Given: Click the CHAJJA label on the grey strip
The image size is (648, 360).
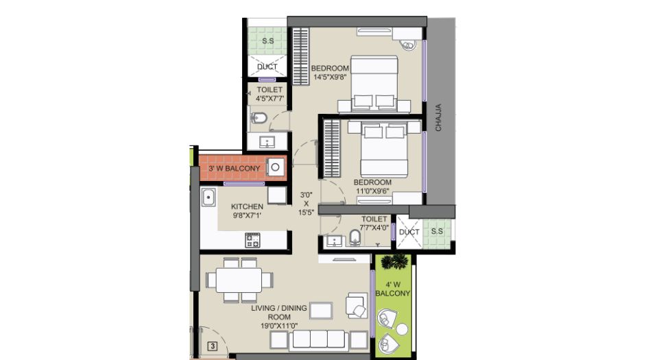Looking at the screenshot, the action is (438, 118).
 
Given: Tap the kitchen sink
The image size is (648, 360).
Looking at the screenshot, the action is (208, 197).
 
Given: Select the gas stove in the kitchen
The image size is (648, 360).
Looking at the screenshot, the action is (252, 240).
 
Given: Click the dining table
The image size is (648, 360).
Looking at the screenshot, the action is (239, 280).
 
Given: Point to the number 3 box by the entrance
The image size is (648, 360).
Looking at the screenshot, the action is (213, 346).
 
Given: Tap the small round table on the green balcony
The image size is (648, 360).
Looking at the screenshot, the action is (402, 329).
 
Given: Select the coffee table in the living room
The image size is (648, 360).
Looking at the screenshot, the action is (321, 311).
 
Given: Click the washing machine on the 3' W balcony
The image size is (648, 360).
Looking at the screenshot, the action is (275, 167).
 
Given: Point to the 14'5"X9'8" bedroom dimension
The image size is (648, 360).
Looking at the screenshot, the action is (330, 77).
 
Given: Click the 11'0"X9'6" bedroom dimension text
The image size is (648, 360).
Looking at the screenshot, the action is (372, 191).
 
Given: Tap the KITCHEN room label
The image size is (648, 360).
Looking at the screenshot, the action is (247, 206).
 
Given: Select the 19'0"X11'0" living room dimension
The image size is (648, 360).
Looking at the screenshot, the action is (279, 326).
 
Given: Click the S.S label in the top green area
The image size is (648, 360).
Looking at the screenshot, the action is (268, 41).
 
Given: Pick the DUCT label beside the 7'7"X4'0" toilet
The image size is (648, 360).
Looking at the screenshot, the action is (409, 232).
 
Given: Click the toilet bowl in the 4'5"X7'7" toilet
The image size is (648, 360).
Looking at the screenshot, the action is (259, 118).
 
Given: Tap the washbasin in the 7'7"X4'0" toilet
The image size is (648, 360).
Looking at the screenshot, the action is (333, 241).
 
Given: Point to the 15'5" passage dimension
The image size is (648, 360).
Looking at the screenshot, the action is (307, 213).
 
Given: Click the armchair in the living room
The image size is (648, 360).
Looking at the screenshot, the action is (357, 305).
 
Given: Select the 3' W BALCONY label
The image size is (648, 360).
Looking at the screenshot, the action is (235, 168).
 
